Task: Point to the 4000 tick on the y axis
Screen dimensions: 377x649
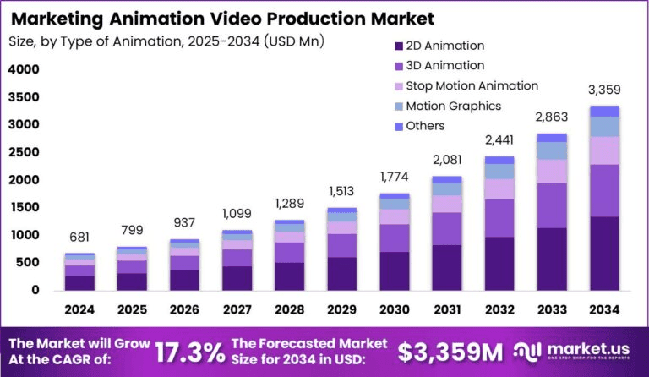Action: [23, 69]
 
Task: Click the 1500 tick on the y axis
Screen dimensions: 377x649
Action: [23, 207]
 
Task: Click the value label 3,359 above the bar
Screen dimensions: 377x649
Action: [605, 90]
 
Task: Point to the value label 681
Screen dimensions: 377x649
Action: [79, 237]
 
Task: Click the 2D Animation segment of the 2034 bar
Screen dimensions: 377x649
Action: [605, 253]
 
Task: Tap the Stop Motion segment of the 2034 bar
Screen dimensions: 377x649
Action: [605, 150]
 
